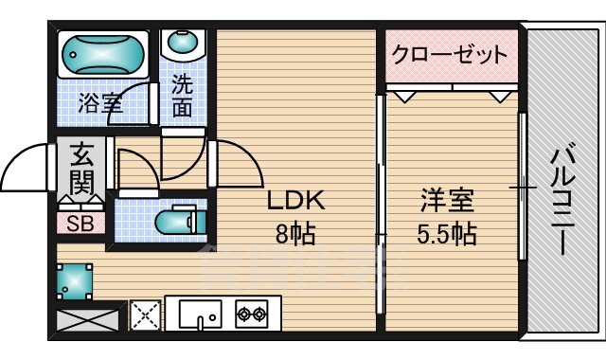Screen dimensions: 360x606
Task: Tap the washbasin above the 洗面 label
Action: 182,44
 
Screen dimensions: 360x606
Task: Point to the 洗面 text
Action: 182,96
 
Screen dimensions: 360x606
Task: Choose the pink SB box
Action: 80,224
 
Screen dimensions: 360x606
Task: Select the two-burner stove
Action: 251,313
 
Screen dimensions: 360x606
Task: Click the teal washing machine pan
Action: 74,279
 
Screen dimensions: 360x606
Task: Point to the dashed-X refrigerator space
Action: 146,313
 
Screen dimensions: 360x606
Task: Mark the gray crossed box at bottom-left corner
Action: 89,315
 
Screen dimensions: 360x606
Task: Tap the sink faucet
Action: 201,321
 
